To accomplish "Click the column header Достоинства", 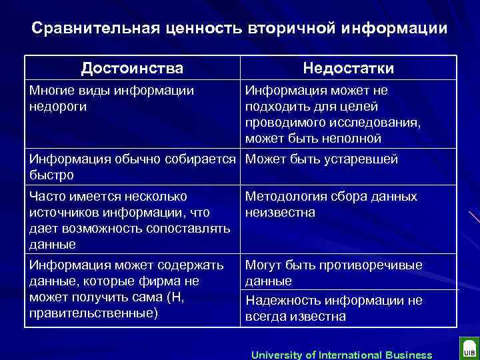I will (132, 68).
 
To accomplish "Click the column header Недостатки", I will (348, 68).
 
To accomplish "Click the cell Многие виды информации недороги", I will (112, 98).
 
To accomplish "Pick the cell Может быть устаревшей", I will (321, 159).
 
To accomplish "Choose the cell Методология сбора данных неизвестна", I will (331, 204).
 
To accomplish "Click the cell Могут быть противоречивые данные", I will (333, 273).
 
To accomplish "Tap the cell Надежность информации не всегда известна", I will (333, 308).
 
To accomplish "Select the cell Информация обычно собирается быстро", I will (133, 167).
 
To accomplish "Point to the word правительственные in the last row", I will (93, 313).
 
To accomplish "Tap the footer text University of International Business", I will (341, 355).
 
